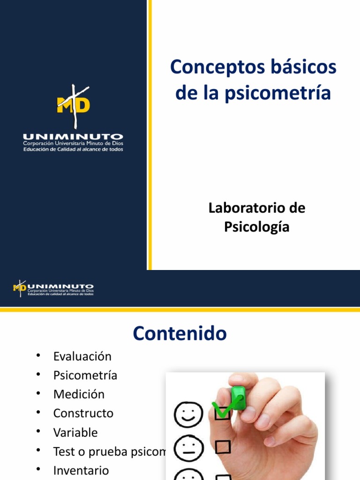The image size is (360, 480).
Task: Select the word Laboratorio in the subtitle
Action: (x=242, y=208)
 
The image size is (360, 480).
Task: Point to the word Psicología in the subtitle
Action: (x=256, y=227)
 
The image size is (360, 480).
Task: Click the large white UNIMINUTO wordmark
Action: (x=73, y=136)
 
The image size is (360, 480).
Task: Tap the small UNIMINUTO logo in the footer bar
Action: (x=53, y=288)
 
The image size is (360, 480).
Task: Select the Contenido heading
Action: (x=180, y=334)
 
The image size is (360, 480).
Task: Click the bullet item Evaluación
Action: (x=82, y=356)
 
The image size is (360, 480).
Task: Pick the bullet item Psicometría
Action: (x=85, y=375)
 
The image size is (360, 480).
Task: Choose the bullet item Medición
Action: (x=79, y=394)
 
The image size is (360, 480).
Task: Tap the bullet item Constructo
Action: (x=83, y=413)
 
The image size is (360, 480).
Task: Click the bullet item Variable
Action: (x=75, y=432)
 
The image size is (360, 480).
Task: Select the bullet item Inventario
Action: (x=81, y=470)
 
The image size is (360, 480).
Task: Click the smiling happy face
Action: (x=188, y=412)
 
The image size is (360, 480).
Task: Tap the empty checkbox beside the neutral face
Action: (x=223, y=447)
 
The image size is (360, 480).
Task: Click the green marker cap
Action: (x=239, y=397)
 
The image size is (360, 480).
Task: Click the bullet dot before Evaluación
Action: (x=38, y=355)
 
